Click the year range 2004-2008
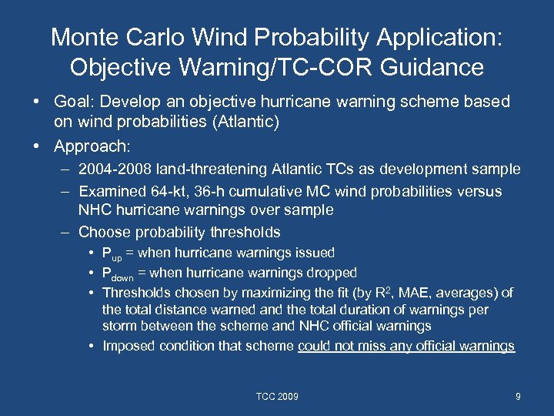114,169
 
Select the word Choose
101,232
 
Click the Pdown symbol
119,273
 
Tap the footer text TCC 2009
277,397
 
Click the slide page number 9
518,397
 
